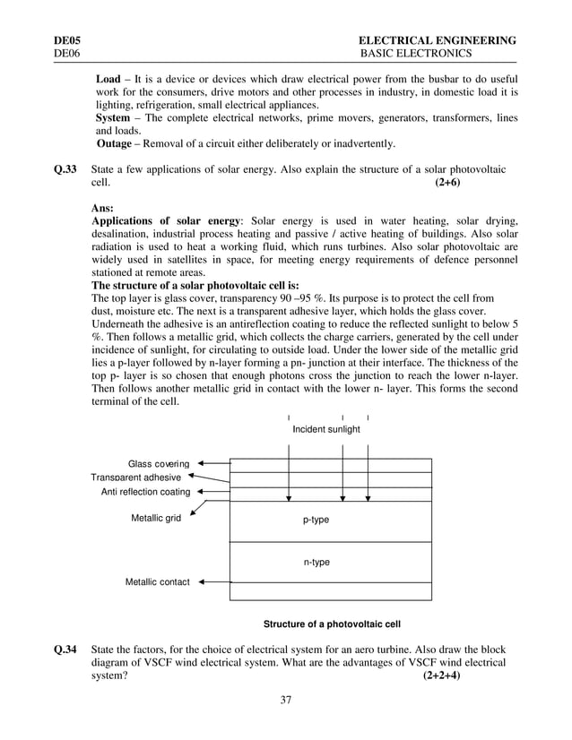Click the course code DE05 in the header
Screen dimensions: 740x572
pos(66,40)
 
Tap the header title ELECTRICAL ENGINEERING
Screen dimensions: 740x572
pos(437,40)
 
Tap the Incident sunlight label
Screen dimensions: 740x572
pos(326,429)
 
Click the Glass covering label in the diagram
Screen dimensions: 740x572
pos(159,464)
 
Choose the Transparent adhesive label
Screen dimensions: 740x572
pos(135,478)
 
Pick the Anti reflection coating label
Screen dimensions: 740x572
pos(139,492)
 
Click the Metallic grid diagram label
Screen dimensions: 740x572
pos(156,518)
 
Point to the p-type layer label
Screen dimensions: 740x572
pos(316,520)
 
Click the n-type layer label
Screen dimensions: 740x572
pos(316,562)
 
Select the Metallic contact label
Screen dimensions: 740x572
pos(157,582)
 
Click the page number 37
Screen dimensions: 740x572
pos(285,700)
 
